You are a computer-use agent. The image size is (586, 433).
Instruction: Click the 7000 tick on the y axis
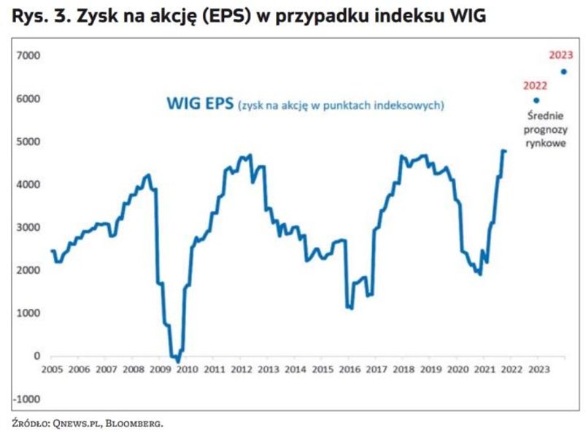[x=30, y=55]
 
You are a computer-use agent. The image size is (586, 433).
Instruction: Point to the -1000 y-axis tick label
[x=28, y=399]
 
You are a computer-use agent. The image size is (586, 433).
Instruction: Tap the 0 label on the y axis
[x=36, y=356]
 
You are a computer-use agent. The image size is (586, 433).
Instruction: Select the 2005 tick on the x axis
[x=52, y=369]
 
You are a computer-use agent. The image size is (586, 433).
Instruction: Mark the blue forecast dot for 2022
[x=537, y=101]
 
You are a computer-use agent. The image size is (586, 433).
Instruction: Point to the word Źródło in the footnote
[x=31, y=423]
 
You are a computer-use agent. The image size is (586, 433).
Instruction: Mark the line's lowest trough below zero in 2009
[x=177, y=361]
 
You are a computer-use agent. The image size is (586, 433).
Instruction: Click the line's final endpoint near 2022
[x=505, y=151]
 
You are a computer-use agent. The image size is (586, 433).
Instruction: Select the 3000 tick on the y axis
[x=30, y=228]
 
